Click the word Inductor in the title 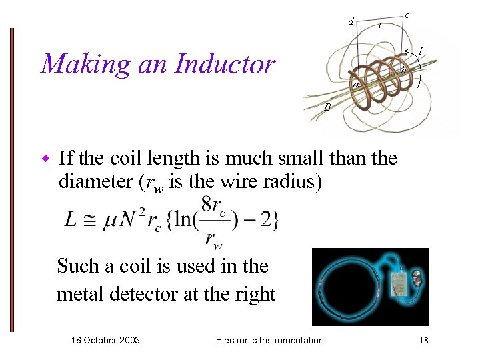(x=225, y=65)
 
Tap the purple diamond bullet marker (x=46, y=159)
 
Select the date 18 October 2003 (x=105, y=340)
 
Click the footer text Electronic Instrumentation (x=270, y=340)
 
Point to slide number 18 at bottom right (x=423, y=341)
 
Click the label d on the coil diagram (x=351, y=21)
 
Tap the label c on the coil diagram (x=407, y=15)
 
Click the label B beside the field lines (x=327, y=106)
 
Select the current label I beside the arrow (x=421, y=50)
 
